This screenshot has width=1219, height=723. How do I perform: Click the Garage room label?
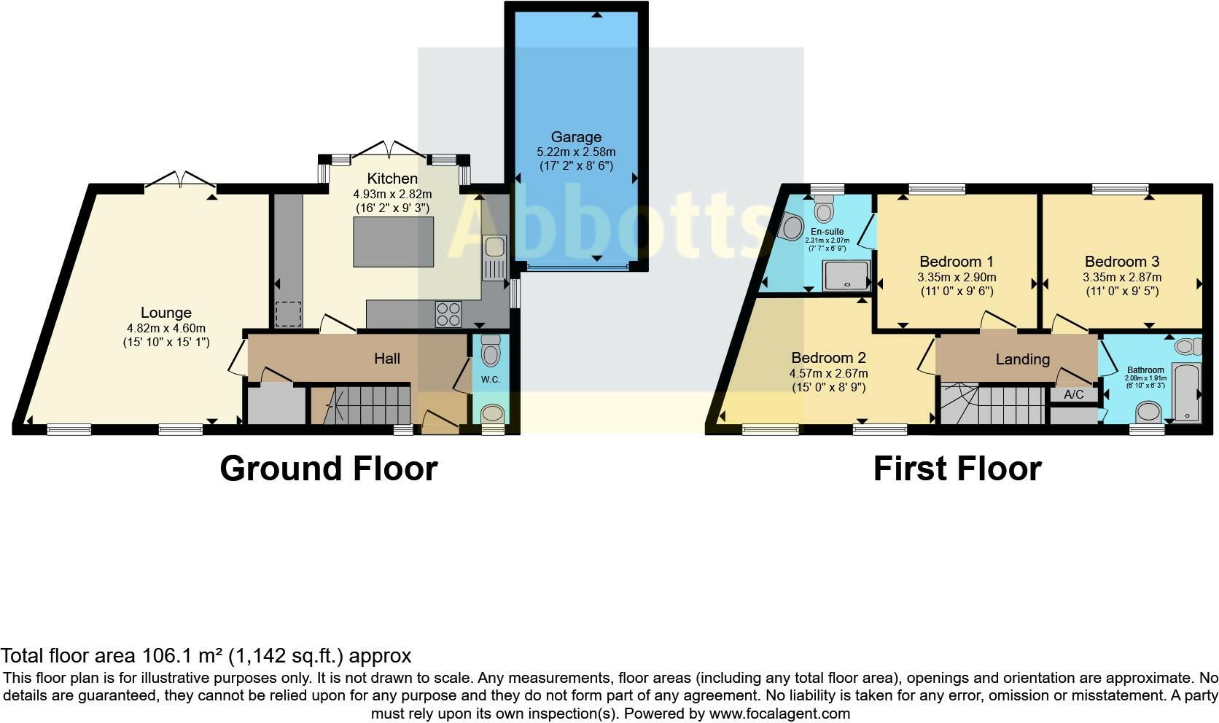tap(576, 137)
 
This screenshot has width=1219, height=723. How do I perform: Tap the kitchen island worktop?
tap(394, 241)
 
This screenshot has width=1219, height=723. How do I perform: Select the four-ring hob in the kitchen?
tap(448, 314)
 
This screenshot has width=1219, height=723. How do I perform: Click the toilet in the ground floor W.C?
tap(491, 351)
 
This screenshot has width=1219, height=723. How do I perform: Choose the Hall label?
tap(387, 359)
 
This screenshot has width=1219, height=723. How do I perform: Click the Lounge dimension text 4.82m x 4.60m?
tap(166, 328)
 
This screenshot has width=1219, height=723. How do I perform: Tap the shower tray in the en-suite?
tap(846, 275)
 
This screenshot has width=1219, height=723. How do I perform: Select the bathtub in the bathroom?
tap(1185, 392)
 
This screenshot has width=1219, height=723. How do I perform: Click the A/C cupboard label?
tap(1074, 394)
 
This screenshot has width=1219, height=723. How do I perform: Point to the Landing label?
tap(1023, 359)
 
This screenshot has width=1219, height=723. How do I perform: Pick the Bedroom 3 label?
tap(1122, 262)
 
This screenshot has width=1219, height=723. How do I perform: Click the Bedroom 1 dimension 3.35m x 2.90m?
tap(957, 277)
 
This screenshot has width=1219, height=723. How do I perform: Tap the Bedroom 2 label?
tap(828, 358)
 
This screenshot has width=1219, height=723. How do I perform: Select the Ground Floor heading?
tap(329, 469)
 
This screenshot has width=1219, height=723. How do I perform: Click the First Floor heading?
tap(957, 469)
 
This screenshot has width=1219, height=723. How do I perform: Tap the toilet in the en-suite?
tap(825, 207)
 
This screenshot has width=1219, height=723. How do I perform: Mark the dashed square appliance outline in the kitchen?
tap(288, 314)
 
